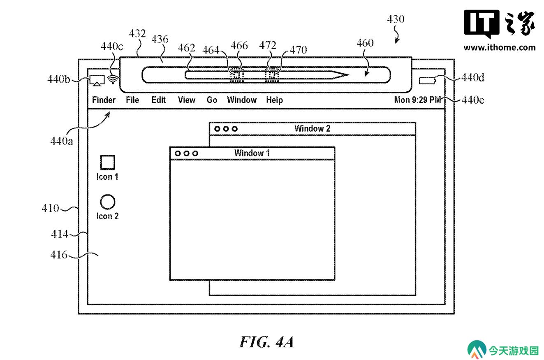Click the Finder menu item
point(104,100)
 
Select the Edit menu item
point(158,100)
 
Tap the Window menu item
point(242,100)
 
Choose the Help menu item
point(274,100)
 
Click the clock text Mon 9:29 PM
point(417,100)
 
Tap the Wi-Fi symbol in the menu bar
point(113,79)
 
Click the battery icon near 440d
point(427,81)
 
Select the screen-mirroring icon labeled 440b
point(97,81)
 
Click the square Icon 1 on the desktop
point(108,162)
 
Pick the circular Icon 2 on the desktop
point(107,202)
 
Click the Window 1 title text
point(252,153)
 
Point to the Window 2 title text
point(313,128)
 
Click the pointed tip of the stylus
point(349,75)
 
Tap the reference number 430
point(396,19)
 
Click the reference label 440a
point(61,141)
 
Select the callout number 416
point(59,255)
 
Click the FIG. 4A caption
point(266,342)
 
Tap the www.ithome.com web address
point(500,47)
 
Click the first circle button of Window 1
point(178,153)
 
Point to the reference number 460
point(365,43)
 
